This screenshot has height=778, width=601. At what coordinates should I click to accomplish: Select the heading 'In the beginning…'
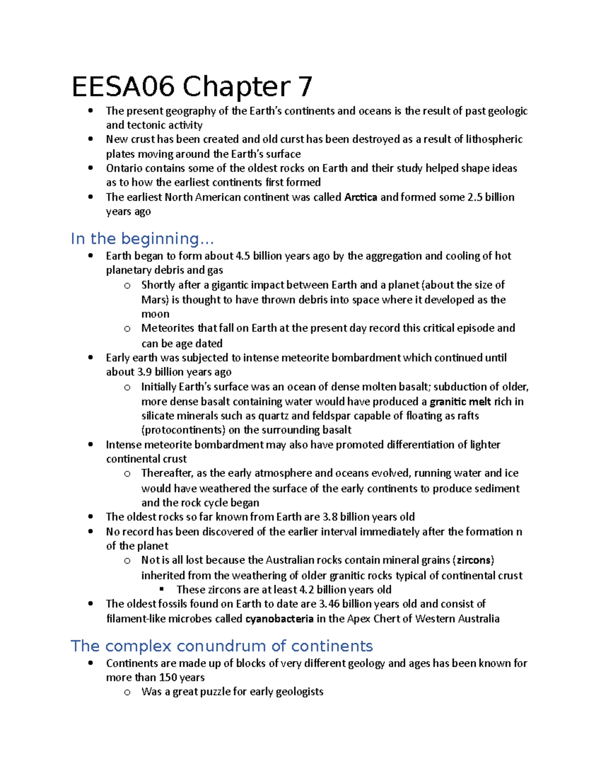click(142, 238)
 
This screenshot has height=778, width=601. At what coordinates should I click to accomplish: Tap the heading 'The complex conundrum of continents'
click(221, 646)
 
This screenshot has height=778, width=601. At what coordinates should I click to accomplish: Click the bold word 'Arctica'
click(361, 197)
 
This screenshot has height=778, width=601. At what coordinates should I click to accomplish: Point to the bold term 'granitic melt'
click(460, 402)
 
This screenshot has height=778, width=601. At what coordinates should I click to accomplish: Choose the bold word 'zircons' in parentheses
click(475, 560)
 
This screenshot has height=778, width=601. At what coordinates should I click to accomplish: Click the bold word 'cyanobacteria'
click(279, 619)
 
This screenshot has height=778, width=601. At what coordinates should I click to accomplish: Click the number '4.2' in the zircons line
click(306, 590)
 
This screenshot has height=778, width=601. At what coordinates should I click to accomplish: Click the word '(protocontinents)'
click(183, 430)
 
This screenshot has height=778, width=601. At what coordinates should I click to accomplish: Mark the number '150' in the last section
click(168, 677)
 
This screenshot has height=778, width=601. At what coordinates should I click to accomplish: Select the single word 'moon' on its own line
click(155, 314)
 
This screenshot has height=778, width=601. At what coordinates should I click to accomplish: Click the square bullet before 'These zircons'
click(161, 590)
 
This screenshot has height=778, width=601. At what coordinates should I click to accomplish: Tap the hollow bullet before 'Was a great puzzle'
click(127, 692)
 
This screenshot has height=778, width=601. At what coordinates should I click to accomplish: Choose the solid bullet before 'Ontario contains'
click(91, 168)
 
